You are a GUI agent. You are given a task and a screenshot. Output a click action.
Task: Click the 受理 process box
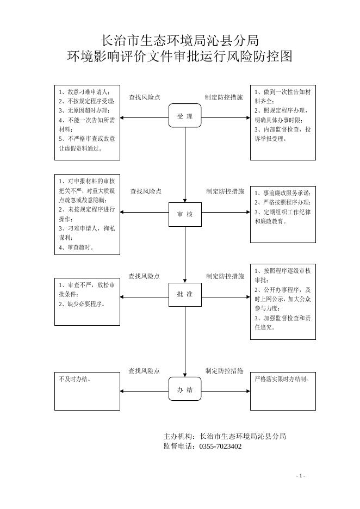185,116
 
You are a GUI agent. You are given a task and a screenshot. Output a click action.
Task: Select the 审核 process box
185,214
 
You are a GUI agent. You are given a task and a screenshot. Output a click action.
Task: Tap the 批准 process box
185,294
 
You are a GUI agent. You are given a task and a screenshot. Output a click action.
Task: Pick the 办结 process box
185,389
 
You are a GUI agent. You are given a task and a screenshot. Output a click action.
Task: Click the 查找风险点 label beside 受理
145,97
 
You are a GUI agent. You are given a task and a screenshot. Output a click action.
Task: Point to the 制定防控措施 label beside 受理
224,97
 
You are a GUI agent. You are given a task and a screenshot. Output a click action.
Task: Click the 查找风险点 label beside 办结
144,371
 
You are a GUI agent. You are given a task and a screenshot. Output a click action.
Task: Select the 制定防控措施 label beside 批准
225,276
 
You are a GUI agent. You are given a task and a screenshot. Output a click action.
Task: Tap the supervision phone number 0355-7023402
220,446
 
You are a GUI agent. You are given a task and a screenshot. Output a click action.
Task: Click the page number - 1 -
301,476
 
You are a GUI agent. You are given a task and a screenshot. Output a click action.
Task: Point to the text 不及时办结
75,379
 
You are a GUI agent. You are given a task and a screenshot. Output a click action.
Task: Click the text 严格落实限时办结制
282,379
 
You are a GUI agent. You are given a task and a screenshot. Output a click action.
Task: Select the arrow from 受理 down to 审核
185,165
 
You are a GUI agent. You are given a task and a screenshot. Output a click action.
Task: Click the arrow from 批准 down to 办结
185,342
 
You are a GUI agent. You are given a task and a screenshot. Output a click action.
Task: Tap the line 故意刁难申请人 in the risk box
84,92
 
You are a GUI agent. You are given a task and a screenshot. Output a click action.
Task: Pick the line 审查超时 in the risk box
76,247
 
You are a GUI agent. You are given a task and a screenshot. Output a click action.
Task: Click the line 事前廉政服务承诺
282,193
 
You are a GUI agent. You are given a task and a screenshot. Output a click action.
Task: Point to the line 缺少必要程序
82,304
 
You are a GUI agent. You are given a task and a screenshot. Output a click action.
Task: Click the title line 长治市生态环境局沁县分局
179,41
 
